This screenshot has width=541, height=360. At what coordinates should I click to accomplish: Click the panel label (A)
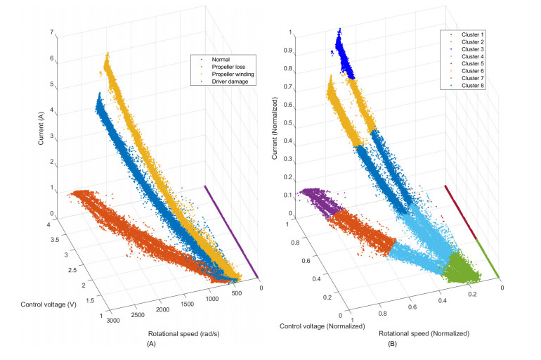coord(150,346)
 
